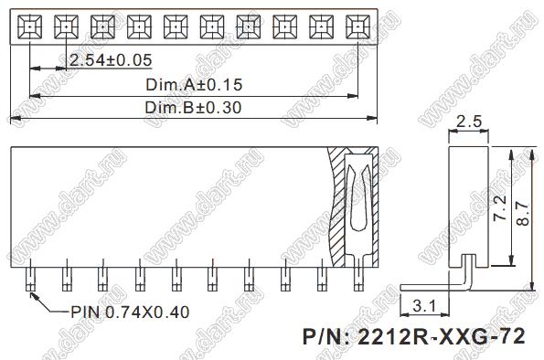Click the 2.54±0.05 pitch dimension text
click(x=111, y=60)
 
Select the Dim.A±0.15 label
click(x=194, y=85)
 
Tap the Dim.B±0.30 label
click(x=193, y=108)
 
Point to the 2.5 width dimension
click(x=469, y=122)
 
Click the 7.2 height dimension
click(x=500, y=208)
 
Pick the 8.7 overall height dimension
click(x=523, y=214)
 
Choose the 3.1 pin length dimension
click(x=424, y=306)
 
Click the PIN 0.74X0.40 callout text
click(x=130, y=312)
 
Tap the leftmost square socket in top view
click(x=30, y=26)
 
